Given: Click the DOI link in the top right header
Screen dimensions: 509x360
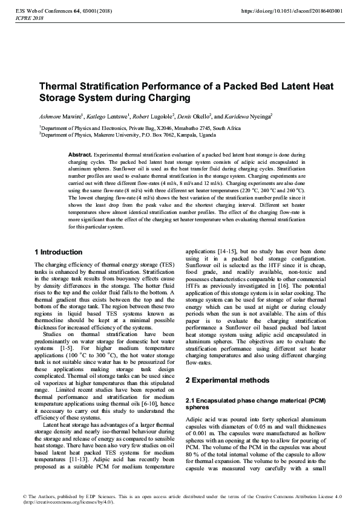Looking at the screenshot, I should coord(292,10).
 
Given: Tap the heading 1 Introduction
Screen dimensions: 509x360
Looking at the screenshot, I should coord(59,251).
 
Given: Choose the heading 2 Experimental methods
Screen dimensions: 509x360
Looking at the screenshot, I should coord(227,380).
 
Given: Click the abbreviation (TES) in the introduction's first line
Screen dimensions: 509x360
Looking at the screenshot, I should coord(166,265).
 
